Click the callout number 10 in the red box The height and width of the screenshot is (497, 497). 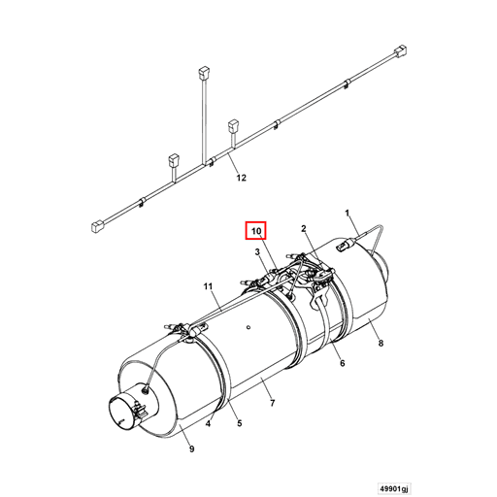coord(256,231)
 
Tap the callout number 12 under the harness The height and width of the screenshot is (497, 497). coord(241,178)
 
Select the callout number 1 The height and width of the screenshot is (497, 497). coord(348,213)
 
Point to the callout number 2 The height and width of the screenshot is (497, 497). coord(304,229)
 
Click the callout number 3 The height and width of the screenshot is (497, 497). coord(257,251)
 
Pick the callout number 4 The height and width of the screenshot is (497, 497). coord(208,423)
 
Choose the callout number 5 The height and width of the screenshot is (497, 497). coord(240,423)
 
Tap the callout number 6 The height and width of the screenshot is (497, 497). coord(343,363)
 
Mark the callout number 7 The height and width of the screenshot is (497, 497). coord(273,403)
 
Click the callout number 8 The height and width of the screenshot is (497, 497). coord(381,343)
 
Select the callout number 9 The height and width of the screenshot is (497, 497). coord(191,449)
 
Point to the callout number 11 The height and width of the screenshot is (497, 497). coord(208,286)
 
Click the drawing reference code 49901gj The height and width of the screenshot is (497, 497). coord(394,487)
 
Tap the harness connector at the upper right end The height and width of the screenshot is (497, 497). coord(400,51)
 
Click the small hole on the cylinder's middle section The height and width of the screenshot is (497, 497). coord(248,327)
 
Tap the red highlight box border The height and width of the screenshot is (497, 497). coord(246,231)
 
